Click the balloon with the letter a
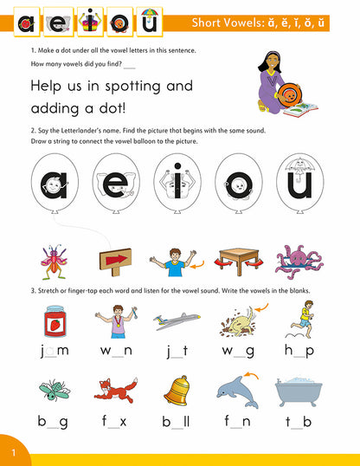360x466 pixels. point(54,186)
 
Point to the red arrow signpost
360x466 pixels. point(115,259)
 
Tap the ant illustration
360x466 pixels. point(54,259)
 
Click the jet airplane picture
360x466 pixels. point(176,321)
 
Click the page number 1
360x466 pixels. point(13,453)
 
